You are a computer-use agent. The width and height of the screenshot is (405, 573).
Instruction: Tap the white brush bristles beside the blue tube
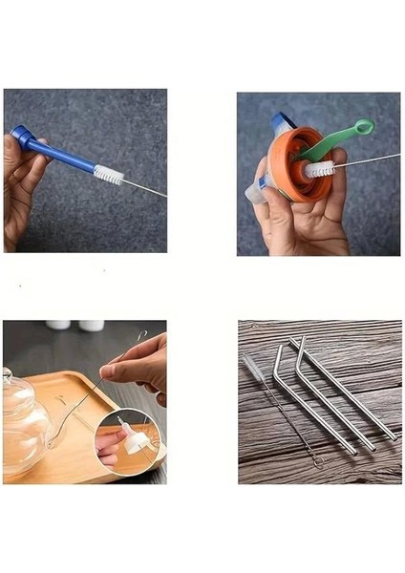[108, 176]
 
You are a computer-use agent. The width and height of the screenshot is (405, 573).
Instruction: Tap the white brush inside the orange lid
[318, 169]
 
